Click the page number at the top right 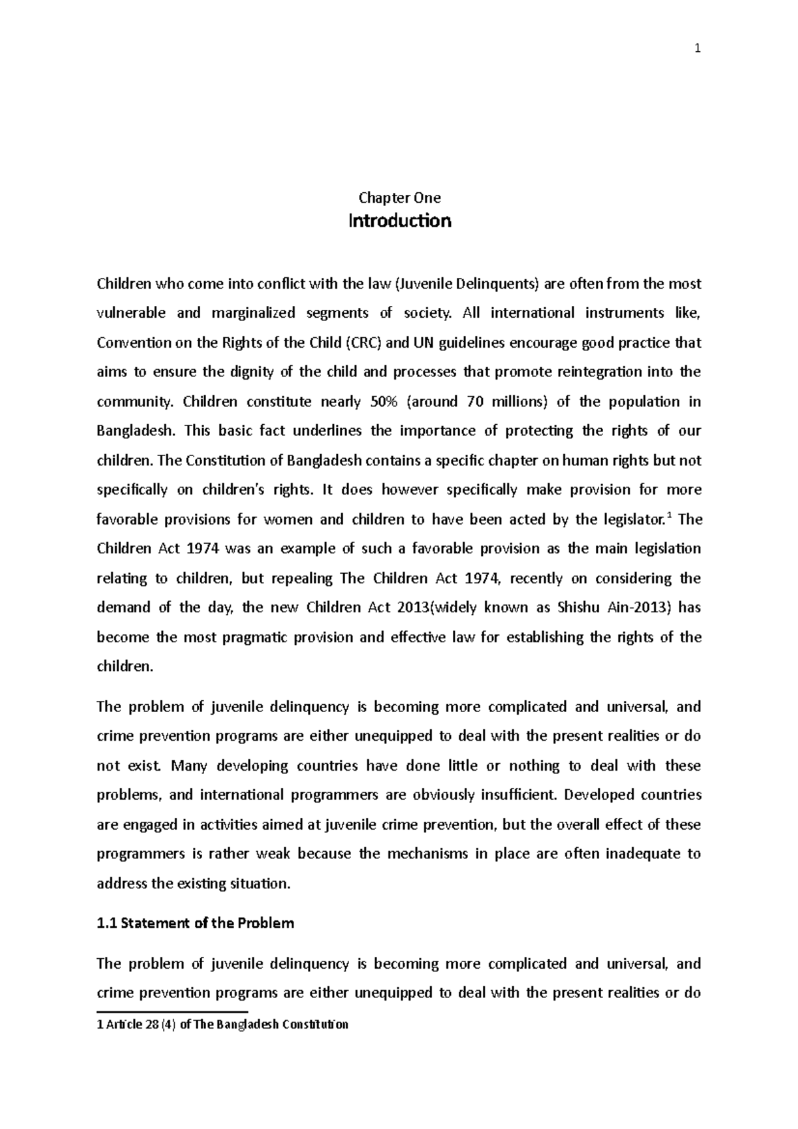698,49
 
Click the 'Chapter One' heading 400,197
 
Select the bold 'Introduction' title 400,221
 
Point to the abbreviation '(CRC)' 363,343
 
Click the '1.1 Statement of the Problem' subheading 196,924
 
